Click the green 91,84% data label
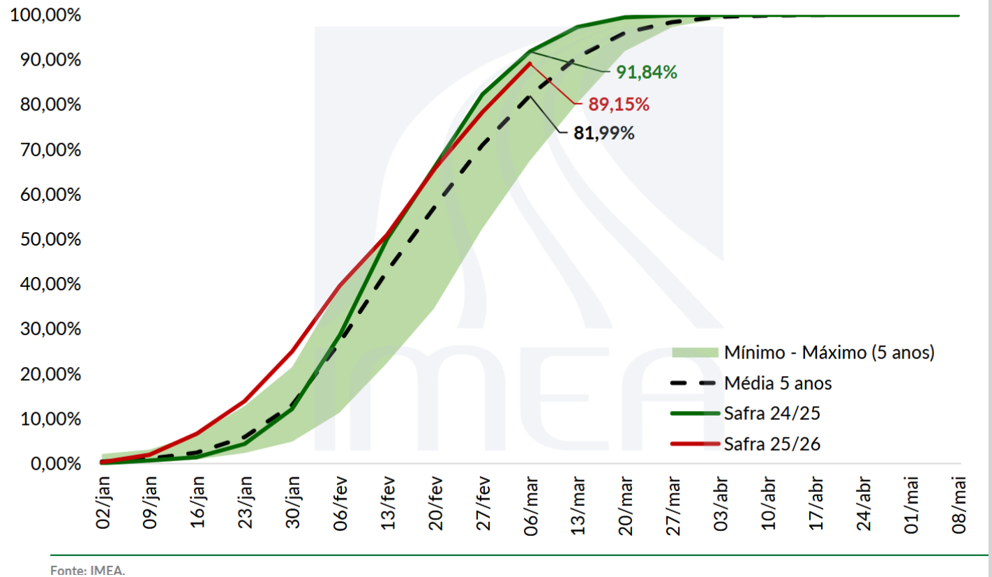point(647,72)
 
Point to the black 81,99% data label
point(603,133)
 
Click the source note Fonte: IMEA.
point(87,570)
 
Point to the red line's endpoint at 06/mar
point(530,63)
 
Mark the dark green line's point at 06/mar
point(530,51)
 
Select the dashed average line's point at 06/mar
point(530,96)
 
